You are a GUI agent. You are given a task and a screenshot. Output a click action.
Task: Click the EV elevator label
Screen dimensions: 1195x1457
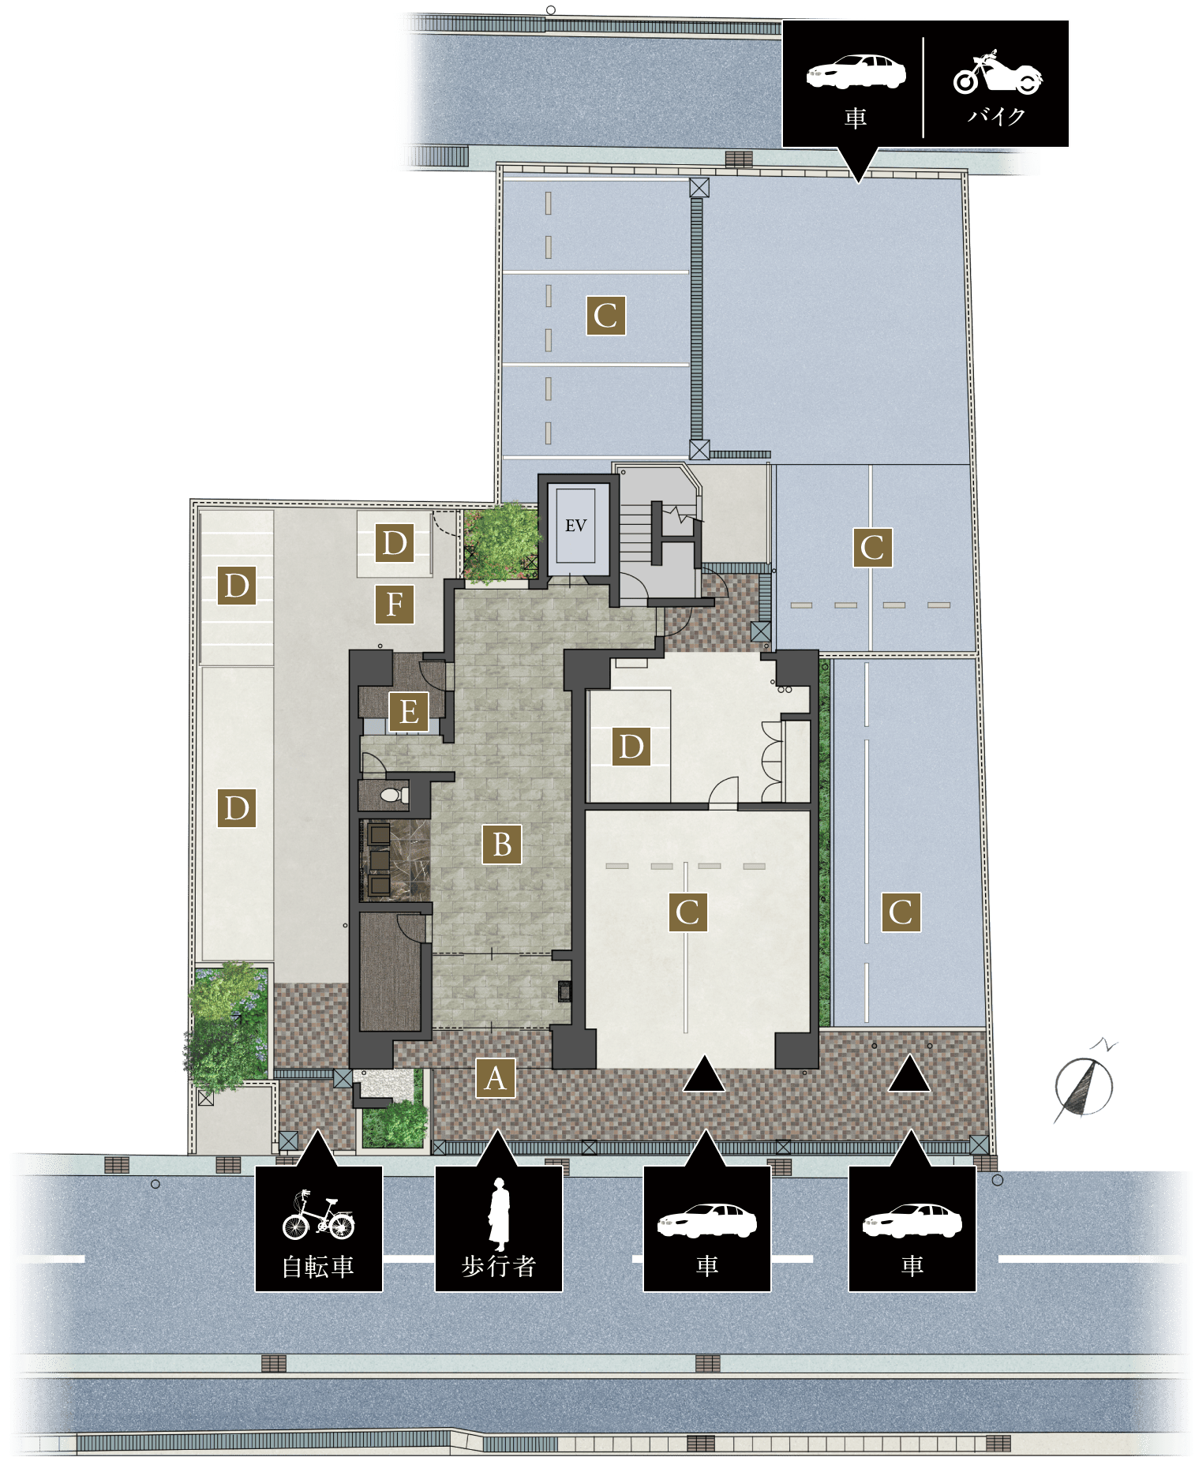click(x=575, y=526)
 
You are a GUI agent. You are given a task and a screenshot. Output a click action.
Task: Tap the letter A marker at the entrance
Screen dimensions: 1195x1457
click(x=496, y=1077)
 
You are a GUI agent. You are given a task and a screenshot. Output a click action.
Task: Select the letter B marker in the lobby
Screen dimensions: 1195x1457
click(x=502, y=845)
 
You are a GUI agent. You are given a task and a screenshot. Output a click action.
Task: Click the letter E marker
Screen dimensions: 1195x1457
click(x=409, y=712)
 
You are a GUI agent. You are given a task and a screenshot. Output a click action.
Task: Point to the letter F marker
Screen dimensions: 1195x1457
click(x=395, y=605)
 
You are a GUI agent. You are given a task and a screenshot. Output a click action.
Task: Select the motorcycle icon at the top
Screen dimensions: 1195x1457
click(x=998, y=73)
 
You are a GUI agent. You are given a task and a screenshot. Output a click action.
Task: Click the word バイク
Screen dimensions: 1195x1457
click(x=997, y=116)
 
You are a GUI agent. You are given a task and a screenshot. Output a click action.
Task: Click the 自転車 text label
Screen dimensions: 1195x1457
click(x=318, y=1267)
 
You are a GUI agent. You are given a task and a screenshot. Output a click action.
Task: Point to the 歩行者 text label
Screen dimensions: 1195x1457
click(x=499, y=1266)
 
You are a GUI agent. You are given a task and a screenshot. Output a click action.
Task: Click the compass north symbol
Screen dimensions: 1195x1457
click(x=1085, y=1083)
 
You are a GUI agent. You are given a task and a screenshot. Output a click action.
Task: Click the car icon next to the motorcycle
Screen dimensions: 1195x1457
click(x=856, y=72)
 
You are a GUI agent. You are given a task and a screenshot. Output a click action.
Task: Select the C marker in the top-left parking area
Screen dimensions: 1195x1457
click(x=606, y=316)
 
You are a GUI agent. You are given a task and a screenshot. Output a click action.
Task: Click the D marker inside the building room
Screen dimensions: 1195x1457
click(x=631, y=747)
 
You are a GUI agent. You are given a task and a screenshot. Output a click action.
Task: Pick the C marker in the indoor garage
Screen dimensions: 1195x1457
click(x=687, y=912)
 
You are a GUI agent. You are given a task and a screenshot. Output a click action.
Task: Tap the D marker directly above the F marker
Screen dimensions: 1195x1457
click(x=395, y=543)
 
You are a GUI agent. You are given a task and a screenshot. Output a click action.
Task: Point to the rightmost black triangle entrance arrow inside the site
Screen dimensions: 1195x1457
click(x=908, y=1073)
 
